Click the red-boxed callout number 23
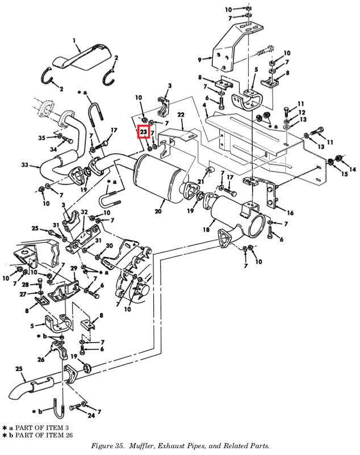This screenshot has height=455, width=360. (144, 133)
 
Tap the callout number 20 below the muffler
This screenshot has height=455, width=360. (158, 211)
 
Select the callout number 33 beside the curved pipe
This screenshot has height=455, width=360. (24, 165)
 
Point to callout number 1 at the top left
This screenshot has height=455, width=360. (74, 40)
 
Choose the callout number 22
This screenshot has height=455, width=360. (181, 115)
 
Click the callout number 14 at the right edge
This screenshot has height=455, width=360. (353, 170)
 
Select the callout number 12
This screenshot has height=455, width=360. (302, 112)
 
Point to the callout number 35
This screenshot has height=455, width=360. (41, 138)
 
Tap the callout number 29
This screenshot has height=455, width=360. (73, 267)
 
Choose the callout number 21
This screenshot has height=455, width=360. (200, 181)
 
